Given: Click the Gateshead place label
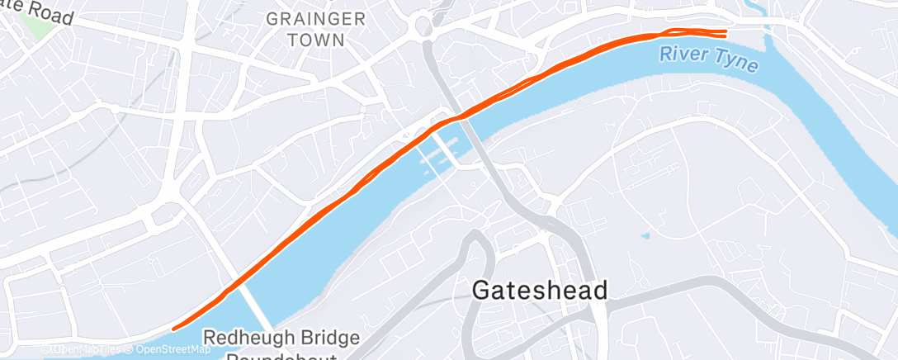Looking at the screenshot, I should tap(541, 290).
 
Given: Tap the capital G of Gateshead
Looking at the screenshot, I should tap(483, 290).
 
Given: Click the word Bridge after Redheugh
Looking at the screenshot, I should tap(334, 338).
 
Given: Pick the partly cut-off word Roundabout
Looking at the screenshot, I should tap(281, 356).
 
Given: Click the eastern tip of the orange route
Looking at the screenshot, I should tap(725, 33).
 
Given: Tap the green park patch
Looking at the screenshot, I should tap(37, 20).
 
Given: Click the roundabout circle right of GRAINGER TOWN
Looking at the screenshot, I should tap(426, 24).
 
